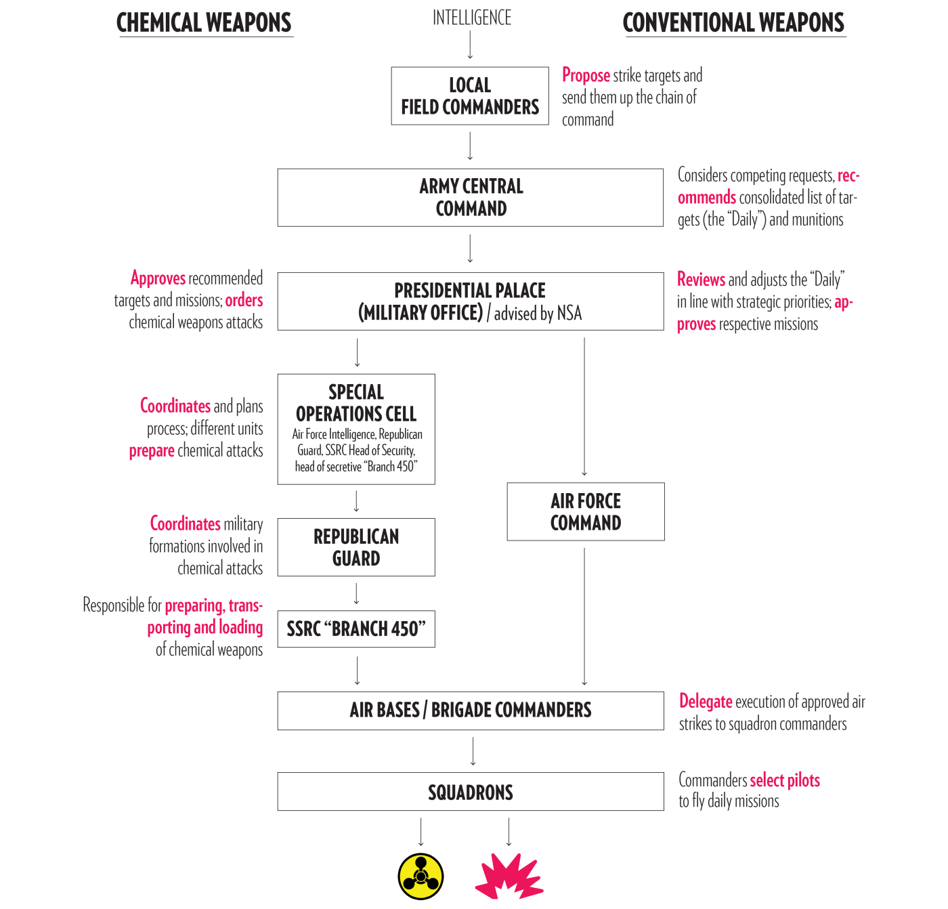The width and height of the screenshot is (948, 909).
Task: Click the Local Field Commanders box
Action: [470, 96]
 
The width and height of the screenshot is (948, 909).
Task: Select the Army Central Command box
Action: [470, 197]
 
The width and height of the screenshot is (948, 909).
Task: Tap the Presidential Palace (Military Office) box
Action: [470, 301]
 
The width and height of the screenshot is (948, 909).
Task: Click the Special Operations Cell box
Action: [356, 429]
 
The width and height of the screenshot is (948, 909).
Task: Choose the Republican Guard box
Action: [356, 547]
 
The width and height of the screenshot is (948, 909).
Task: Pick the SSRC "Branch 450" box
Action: [356, 629]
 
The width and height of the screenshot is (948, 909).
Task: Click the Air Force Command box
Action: [586, 511]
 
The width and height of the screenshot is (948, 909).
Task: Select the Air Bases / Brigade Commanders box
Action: [470, 711]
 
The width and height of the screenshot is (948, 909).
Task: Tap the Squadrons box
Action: [470, 792]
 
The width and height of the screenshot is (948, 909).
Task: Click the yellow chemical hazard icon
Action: [421, 877]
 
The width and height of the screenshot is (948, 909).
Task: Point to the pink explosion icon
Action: [509, 877]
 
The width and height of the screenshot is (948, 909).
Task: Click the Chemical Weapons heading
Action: [204, 22]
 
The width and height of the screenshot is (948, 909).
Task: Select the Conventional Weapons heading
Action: [733, 22]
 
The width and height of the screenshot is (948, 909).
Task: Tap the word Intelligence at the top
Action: [471, 18]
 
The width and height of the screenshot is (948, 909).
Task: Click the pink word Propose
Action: [586, 75]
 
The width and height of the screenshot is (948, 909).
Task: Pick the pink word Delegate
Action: [706, 702]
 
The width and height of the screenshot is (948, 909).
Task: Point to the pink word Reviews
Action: [701, 279]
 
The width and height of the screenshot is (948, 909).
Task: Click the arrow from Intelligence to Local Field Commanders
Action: [470, 45]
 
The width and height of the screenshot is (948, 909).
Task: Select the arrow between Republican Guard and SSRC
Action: [356, 593]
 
